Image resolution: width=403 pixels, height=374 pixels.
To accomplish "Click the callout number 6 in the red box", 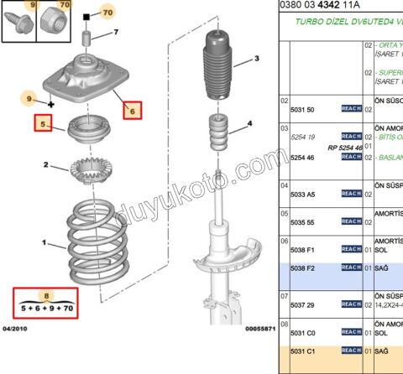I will (x=132, y=110).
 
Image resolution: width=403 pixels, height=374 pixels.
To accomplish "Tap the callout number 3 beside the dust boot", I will (x=257, y=58).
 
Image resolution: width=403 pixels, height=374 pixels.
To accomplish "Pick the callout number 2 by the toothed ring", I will (x=45, y=164).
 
